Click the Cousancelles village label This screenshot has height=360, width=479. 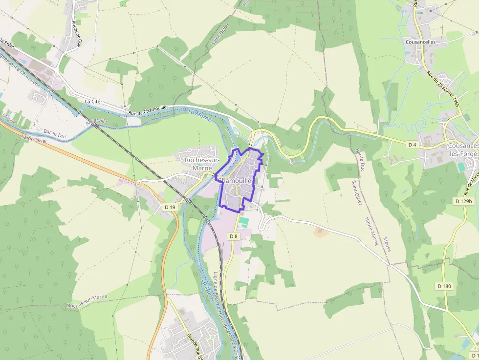[420, 42]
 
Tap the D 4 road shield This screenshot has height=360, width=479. [412, 144]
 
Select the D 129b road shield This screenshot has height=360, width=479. [463, 201]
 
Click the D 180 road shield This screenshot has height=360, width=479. [444, 286]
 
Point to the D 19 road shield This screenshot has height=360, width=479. [170, 207]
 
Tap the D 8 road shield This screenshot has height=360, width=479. [234, 236]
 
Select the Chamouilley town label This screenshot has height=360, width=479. [237, 180]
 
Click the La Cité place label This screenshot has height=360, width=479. [92, 101]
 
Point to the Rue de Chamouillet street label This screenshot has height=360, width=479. [148, 112]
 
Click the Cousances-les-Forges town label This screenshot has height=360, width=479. [462, 149]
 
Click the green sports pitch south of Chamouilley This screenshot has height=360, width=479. [243, 221]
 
